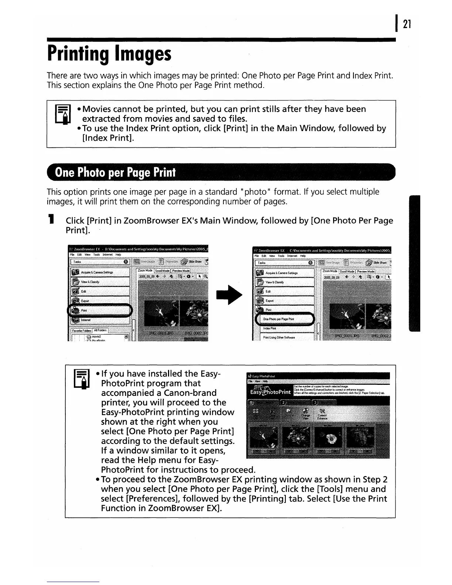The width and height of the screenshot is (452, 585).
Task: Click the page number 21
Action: [x=407, y=24]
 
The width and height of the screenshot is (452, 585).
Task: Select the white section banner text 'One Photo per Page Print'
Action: [x=115, y=173]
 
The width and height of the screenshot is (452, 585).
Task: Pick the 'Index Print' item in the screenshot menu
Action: [x=270, y=328]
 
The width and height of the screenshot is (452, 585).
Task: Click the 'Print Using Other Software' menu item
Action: [x=279, y=338]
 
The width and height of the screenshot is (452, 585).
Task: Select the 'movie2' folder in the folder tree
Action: [x=96, y=337]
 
